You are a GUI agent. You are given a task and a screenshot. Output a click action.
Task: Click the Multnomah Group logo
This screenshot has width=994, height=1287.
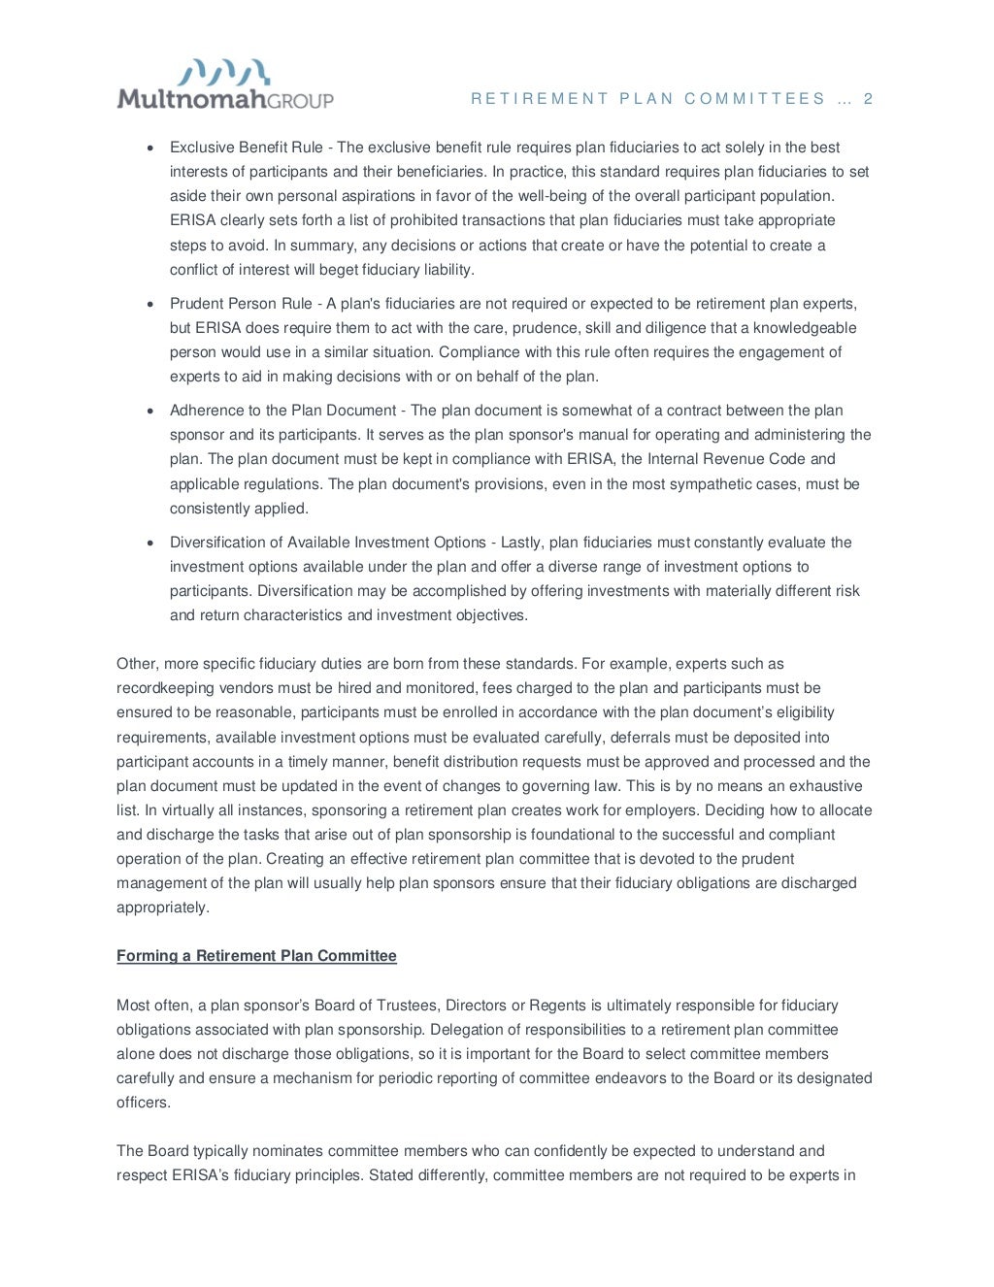coord(225,85)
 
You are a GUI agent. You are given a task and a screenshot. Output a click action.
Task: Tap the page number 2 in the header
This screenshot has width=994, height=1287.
coord(868,99)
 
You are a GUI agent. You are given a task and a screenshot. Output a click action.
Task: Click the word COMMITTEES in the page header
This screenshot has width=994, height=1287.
coord(754,99)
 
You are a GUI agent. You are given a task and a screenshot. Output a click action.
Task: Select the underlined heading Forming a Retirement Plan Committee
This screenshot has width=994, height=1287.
coord(256,956)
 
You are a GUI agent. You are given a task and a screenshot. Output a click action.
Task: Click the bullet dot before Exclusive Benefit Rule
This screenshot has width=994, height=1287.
coord(149,148)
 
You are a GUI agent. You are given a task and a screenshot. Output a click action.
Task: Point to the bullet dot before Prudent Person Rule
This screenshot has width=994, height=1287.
coord(149,305)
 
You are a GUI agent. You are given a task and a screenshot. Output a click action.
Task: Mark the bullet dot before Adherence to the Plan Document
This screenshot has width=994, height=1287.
coord(149,412)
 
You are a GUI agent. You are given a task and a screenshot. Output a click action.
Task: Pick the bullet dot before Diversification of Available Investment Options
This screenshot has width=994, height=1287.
coord(149,544)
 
